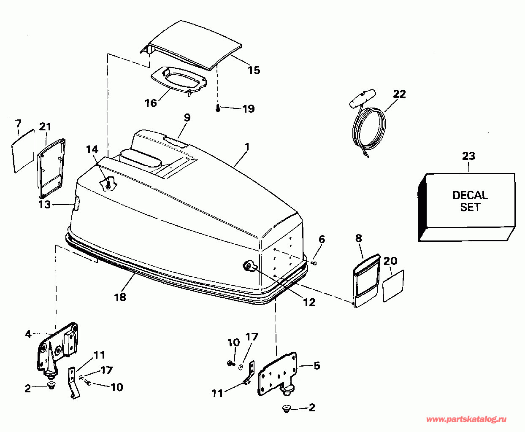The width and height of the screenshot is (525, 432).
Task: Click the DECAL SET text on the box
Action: click(x=470, y=201)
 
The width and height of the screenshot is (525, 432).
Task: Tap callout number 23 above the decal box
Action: click(x=468, y=156)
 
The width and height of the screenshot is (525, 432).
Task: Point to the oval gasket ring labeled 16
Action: click(x=177, y=80)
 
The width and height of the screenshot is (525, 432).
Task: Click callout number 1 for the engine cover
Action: click(x=247, y=147)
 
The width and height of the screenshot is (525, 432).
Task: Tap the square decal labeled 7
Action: click(x=23, y=150)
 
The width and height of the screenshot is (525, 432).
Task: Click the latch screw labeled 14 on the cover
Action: click(x=108, y=184)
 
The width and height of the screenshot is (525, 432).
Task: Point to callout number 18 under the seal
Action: click(x=120, y=297)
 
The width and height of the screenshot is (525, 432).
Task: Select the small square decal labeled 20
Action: click(x=393, y=286)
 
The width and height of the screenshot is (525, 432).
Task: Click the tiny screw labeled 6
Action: click(x=315, y=263)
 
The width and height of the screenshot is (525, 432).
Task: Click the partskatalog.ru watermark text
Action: click(x=466, y=419)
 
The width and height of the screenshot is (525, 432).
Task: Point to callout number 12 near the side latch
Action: click(x=309, y=302)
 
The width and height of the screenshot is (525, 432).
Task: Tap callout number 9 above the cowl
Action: click(x=187, y=117)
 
